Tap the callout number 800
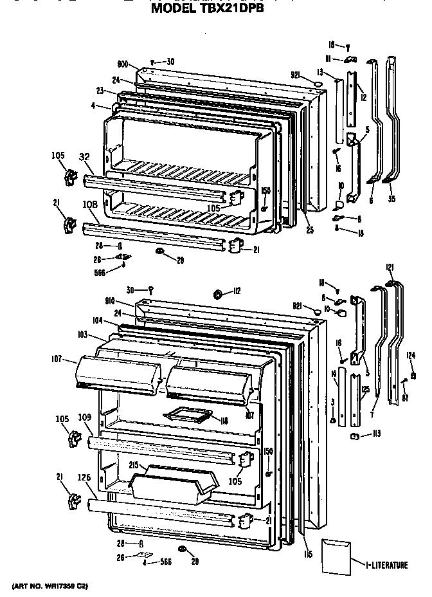[123, 65]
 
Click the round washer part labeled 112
[217, 295]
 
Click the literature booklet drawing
[337, 554]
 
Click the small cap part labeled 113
[355, 437]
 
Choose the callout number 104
[97, 320]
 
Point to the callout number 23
[100, 91]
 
